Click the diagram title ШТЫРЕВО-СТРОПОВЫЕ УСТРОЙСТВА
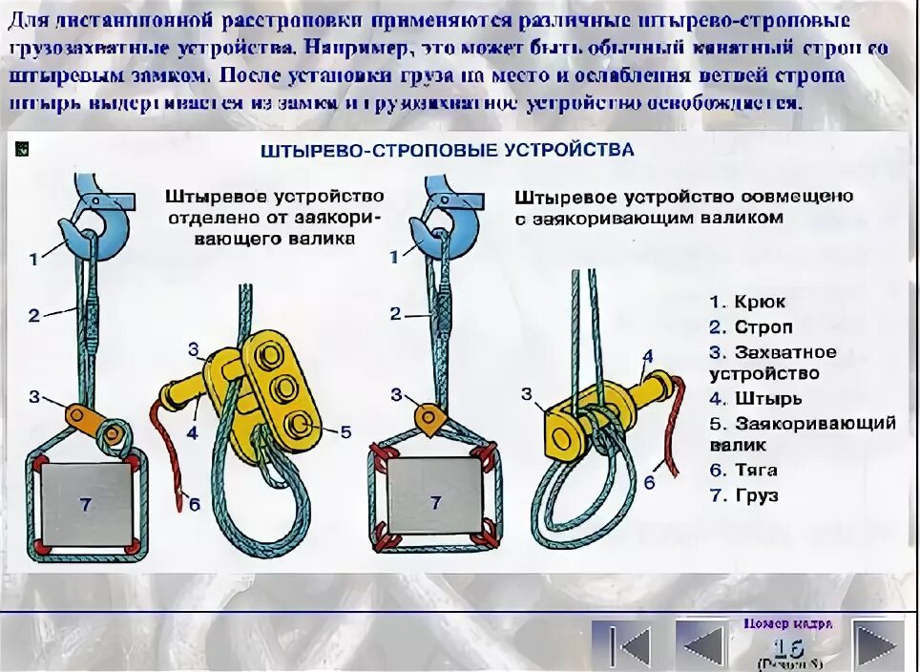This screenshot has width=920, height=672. (x=447, y=151)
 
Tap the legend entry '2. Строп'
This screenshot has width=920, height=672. (x=750, y=327)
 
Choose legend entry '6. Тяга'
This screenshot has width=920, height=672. (x=743, y=470)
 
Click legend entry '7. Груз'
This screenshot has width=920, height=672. (x=743, y=495)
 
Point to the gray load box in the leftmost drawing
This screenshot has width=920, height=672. (x=86, y=504)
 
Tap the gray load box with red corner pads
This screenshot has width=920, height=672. (x=435, y=502)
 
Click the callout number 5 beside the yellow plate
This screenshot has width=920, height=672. (x=345, y=432)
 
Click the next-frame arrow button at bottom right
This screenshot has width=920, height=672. (x=876, y=645)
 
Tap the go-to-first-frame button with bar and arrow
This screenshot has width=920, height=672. (x=622, y=645)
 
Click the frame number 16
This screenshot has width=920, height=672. (x=789, y=646)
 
